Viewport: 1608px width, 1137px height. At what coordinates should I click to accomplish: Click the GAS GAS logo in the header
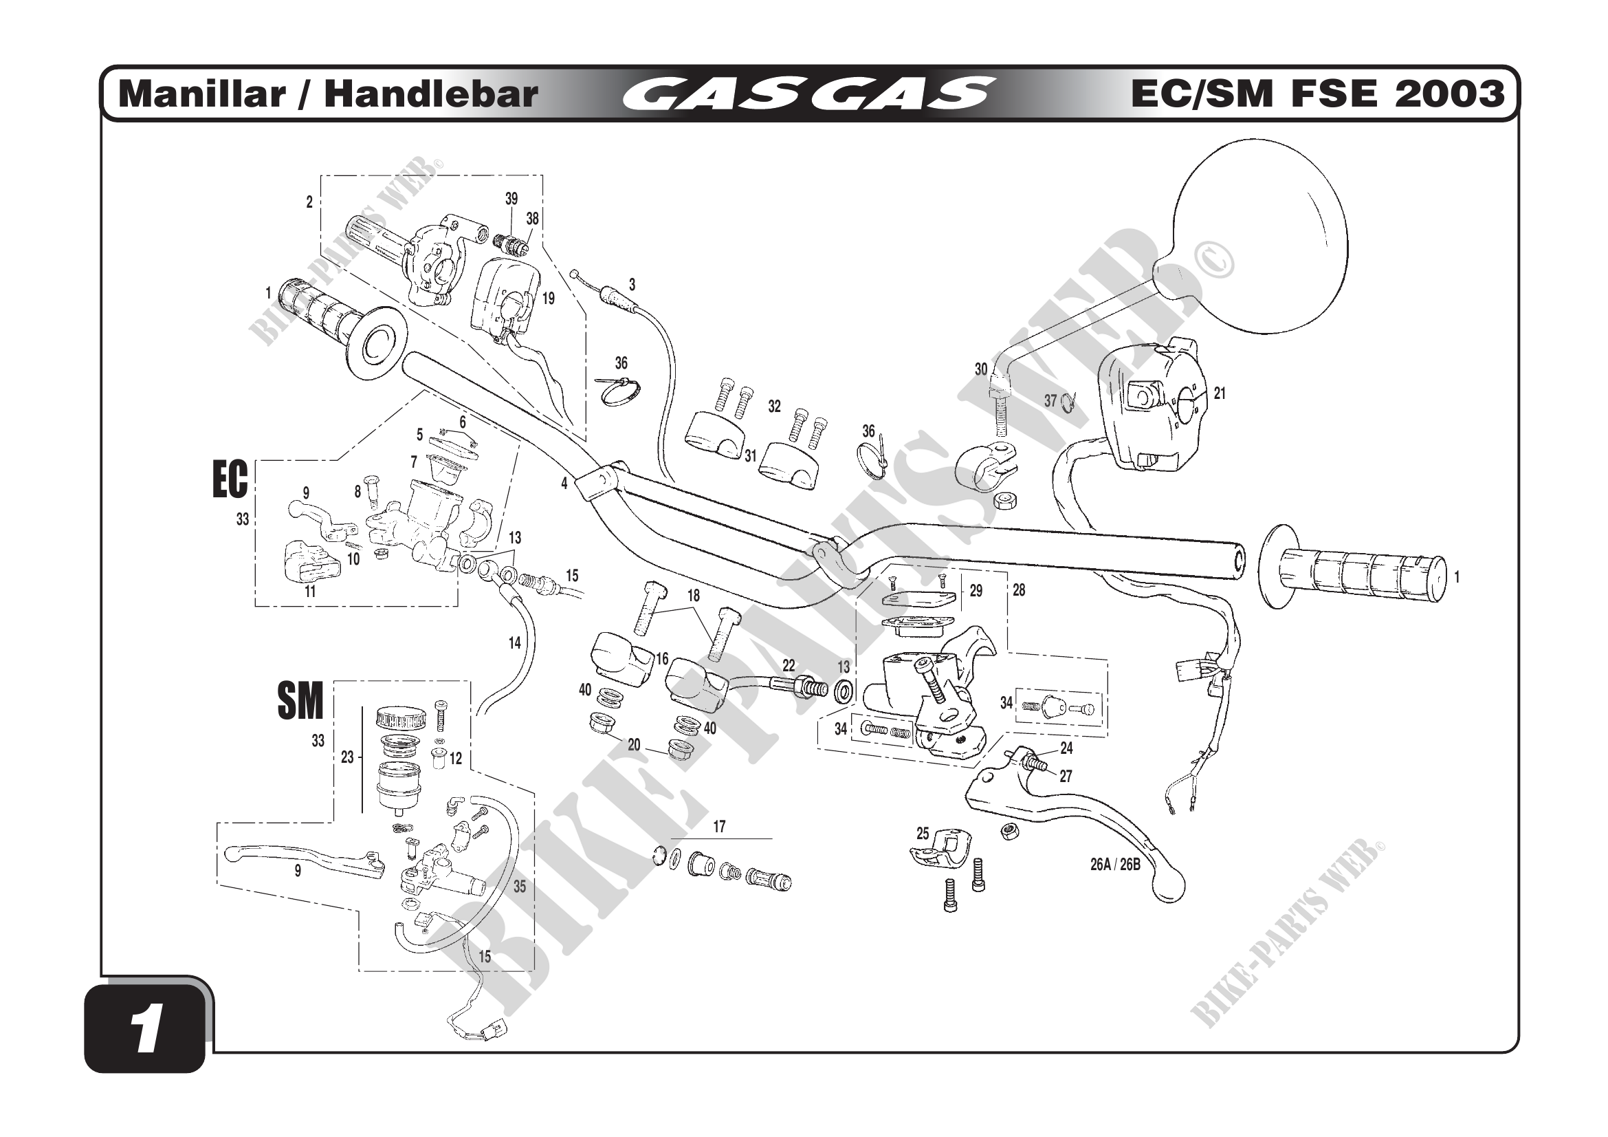point(808,94)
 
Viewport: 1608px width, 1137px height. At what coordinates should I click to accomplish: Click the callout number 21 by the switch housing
point(1220,393)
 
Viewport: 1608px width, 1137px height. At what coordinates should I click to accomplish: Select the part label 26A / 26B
point(1115,865)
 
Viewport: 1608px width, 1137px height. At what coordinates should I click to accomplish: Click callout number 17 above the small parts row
point(719,827)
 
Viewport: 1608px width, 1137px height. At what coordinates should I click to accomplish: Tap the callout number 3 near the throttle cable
point(632,285)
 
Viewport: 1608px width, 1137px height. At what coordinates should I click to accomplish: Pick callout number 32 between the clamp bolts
point(774,407)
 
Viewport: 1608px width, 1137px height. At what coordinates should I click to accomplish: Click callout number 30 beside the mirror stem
point(981,369)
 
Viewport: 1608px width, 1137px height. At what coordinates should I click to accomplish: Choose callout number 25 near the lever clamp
point(923,834)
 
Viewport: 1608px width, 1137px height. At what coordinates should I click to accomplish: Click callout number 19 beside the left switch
point(549,299)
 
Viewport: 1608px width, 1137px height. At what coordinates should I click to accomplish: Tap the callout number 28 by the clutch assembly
point(1018,591)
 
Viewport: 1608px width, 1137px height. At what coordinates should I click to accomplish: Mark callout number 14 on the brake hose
point(515,643)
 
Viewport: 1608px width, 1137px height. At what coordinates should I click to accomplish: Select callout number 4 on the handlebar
point(564,484)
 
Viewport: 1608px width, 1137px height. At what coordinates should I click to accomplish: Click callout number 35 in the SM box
point(519,886)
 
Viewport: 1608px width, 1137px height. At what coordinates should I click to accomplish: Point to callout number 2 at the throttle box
point(309,202)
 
